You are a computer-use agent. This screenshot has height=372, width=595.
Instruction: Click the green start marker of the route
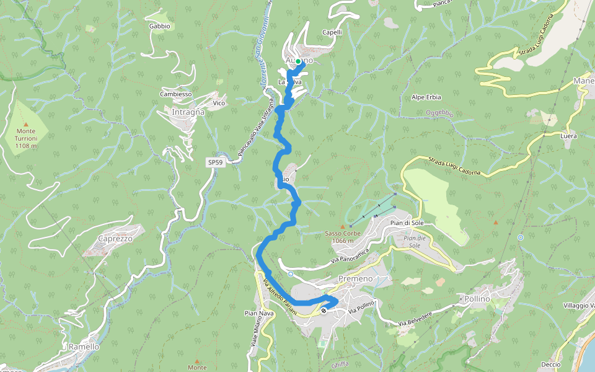pos(298,61)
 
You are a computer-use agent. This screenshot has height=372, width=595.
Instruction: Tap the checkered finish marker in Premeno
pos(324,310)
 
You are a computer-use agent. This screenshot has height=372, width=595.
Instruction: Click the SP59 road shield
pos(215,162)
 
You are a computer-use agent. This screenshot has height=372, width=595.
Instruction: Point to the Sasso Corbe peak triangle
pos(342,227)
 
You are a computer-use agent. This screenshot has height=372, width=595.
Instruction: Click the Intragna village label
pos(188,113)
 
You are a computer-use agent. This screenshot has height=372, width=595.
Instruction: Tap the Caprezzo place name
pos(115,239)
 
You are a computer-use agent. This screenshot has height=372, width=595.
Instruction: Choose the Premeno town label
pos(356,279)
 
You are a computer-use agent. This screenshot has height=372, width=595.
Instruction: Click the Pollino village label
pos(477,299)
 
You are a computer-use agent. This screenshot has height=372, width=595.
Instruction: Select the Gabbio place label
pos(159,26)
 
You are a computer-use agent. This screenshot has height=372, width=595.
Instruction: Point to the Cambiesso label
pos(176,94)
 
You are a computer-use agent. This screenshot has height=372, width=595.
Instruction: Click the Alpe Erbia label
pos(426,97)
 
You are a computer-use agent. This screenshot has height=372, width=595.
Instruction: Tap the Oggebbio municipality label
pos(439,113)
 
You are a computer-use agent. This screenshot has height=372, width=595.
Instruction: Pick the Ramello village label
pos(84,347)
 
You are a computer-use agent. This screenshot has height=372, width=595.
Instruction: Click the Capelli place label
pos(332,32)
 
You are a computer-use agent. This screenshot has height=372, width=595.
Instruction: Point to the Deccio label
pos(550,365)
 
